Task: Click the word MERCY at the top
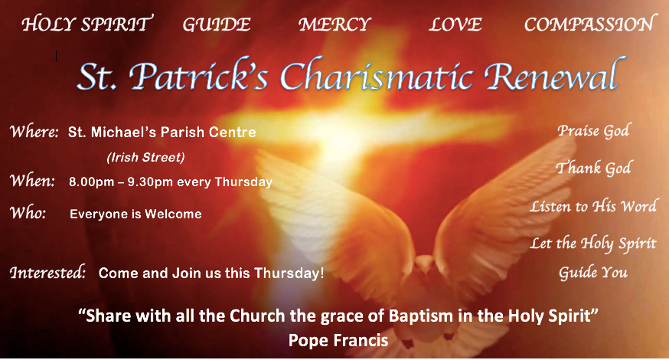(x=334, y=25)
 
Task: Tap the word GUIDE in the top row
(x=217, y=25)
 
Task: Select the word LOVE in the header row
(x=455, y=25)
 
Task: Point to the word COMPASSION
(x=589, y=24)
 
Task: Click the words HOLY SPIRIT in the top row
(x=87, y=24)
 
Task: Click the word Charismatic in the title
(x=377, y=75)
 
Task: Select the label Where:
(x=34, y=131)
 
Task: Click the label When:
(x=32, y=180)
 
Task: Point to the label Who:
(x=28, y=212)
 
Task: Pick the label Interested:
(x=47, y=272)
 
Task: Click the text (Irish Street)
(x=145, y=158)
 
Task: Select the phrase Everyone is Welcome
(x=135, y=214)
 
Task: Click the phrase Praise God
(x=593, y=131)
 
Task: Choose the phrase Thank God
(x=593, y=168)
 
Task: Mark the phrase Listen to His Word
(x=593, y=206)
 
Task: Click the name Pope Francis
(x=338, y=341)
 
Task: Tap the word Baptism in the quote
(x=421, y=316)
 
